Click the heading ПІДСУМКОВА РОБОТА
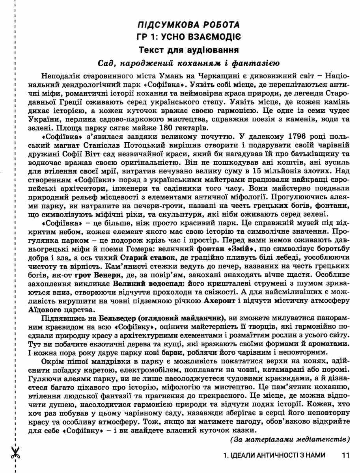point(188,25)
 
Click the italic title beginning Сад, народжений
point(188,63)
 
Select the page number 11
point(346,455)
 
